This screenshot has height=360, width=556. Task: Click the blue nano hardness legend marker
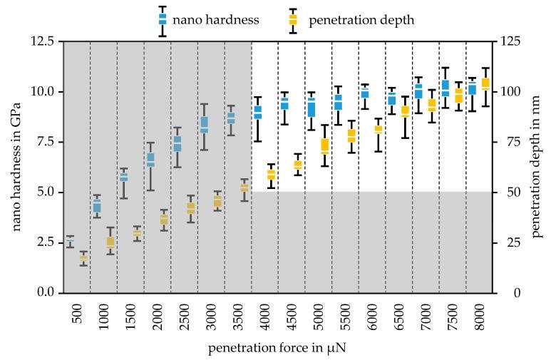tap(163, 21)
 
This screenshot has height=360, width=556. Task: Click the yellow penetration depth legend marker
tap(292, 21)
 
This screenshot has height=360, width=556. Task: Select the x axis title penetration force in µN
tap(278, 349)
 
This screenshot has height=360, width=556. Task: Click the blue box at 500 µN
tap(71, 242)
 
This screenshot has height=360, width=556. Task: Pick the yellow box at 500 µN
tap(83, 257)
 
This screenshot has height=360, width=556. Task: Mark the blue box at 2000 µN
tap(150, 160)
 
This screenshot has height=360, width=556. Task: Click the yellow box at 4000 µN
tap(271, 175)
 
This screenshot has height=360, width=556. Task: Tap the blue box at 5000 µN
tap(311, 107)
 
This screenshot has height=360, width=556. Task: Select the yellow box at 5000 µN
tap(324, 146)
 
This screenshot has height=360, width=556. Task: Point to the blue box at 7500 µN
tap(445, 88)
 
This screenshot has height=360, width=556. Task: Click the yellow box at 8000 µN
tap(485, 83)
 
